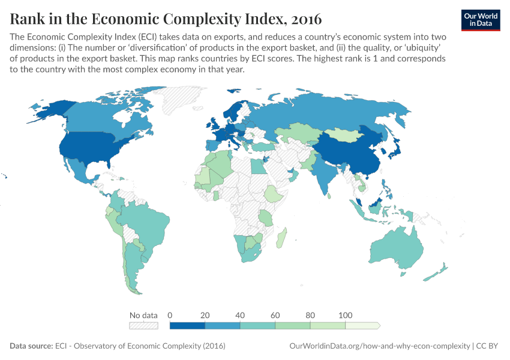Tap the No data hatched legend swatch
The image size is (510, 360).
tap(143, 325)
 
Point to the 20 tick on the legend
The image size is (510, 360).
tap(205, 315)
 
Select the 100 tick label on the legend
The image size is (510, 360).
tap(345, 315)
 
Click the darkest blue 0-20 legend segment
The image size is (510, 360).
tap(188, 325)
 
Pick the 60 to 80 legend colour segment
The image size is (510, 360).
tap(293, 325)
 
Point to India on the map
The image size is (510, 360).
tap(325, 175)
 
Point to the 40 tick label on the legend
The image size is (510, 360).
tap(240, 315)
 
